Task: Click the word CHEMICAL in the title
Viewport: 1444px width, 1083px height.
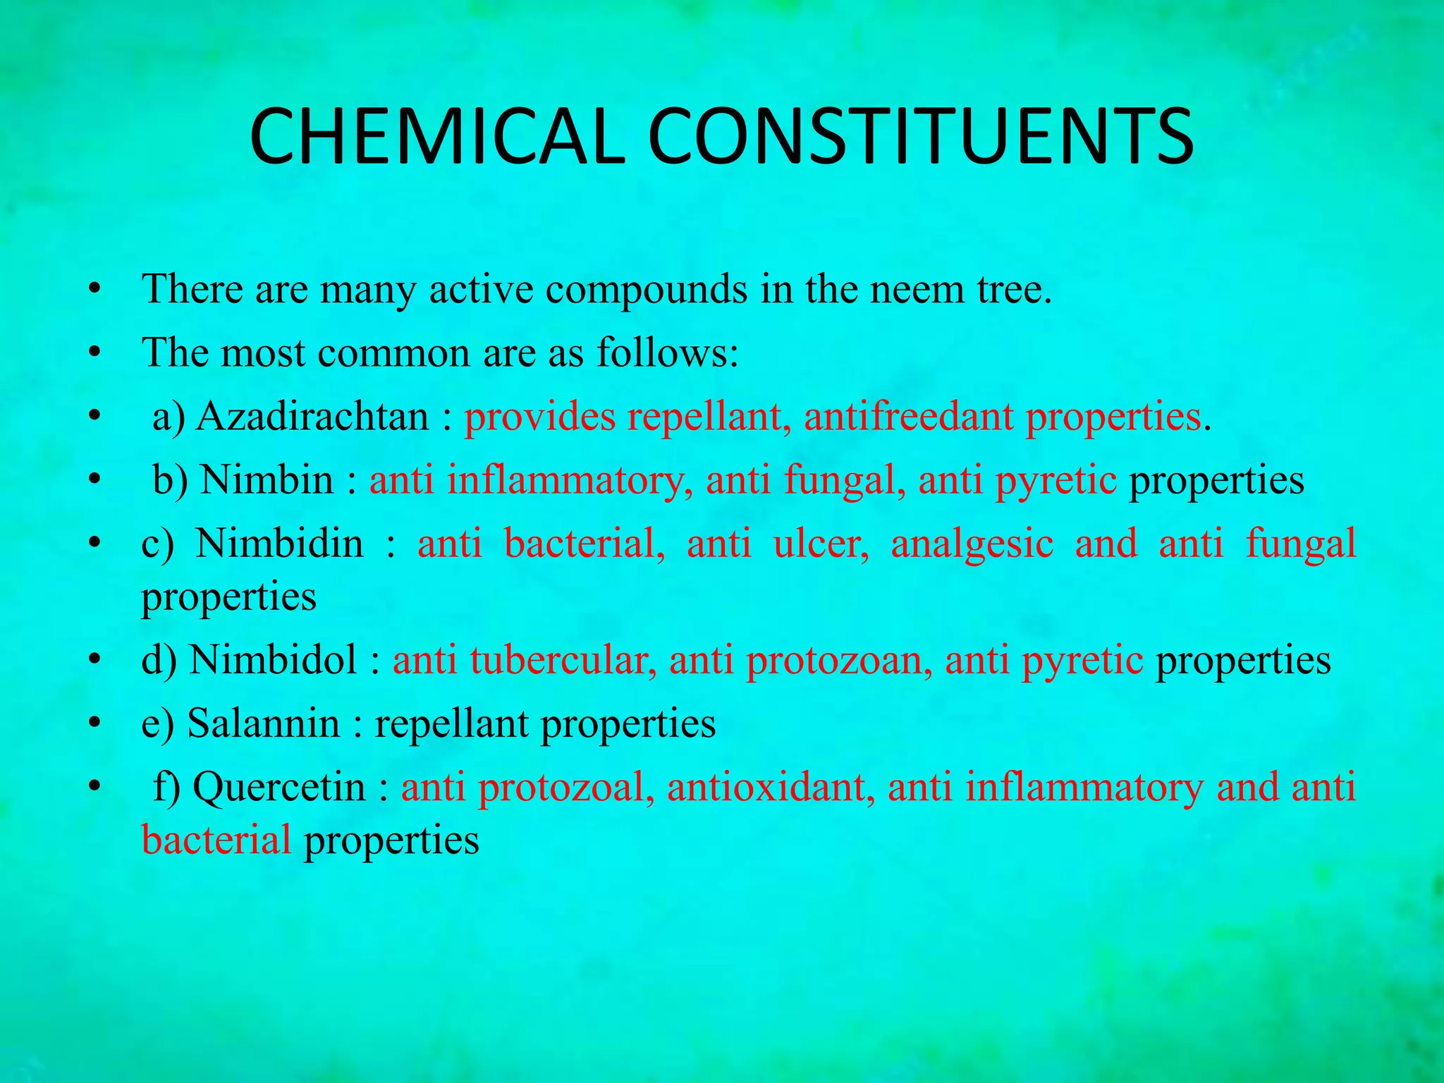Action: click(437, 137)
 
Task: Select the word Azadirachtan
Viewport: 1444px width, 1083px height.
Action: click(312, 416)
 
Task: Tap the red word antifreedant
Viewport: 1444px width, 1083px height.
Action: click(909, 416)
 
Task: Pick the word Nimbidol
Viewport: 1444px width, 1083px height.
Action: click(273, 660)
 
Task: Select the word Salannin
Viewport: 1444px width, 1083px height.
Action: click(263, 723)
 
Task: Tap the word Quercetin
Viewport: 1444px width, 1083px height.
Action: click(279, 787)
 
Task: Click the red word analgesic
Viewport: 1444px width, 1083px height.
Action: click(972, 544)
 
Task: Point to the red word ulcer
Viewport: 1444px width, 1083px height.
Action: click(821, 544)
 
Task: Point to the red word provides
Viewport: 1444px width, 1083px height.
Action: click(539, 416)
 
